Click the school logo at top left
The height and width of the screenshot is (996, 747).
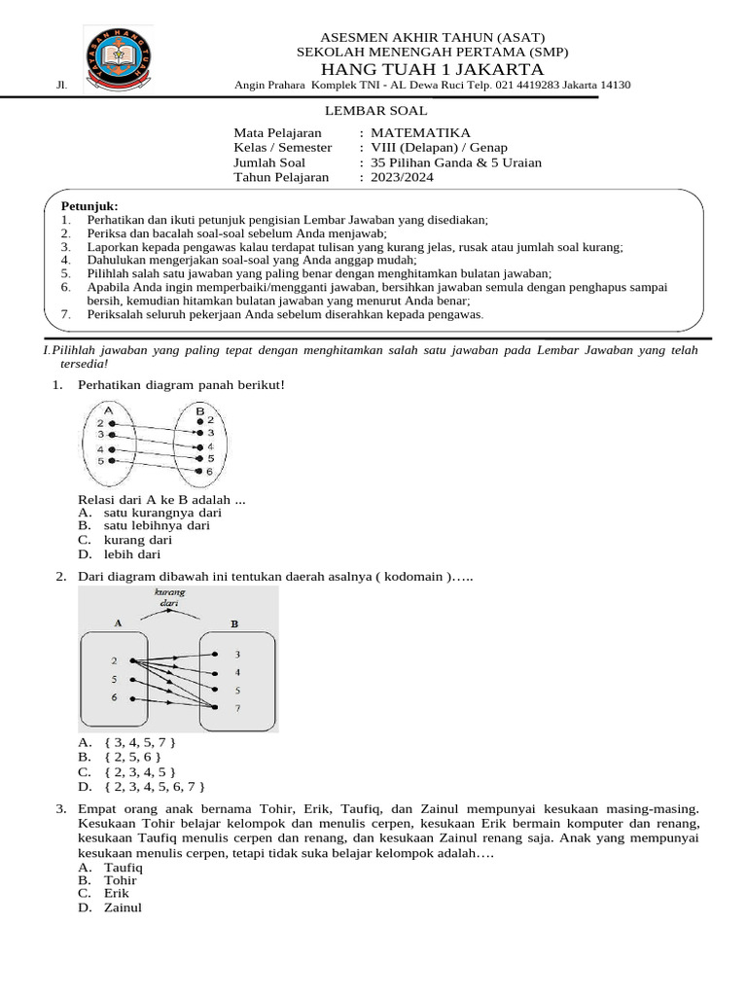tap(116, 58)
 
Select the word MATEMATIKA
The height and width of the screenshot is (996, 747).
tap(420, 132)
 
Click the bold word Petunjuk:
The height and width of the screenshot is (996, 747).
tap(89, 206)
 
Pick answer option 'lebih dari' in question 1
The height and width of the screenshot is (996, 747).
tap(132, 554)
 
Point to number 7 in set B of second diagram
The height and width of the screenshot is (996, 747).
tap(237, 708)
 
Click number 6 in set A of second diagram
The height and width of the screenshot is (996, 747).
tap(114, 698)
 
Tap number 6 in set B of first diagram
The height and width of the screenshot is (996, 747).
tap(208, 471)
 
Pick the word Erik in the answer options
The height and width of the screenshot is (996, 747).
tap(117, 893)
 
